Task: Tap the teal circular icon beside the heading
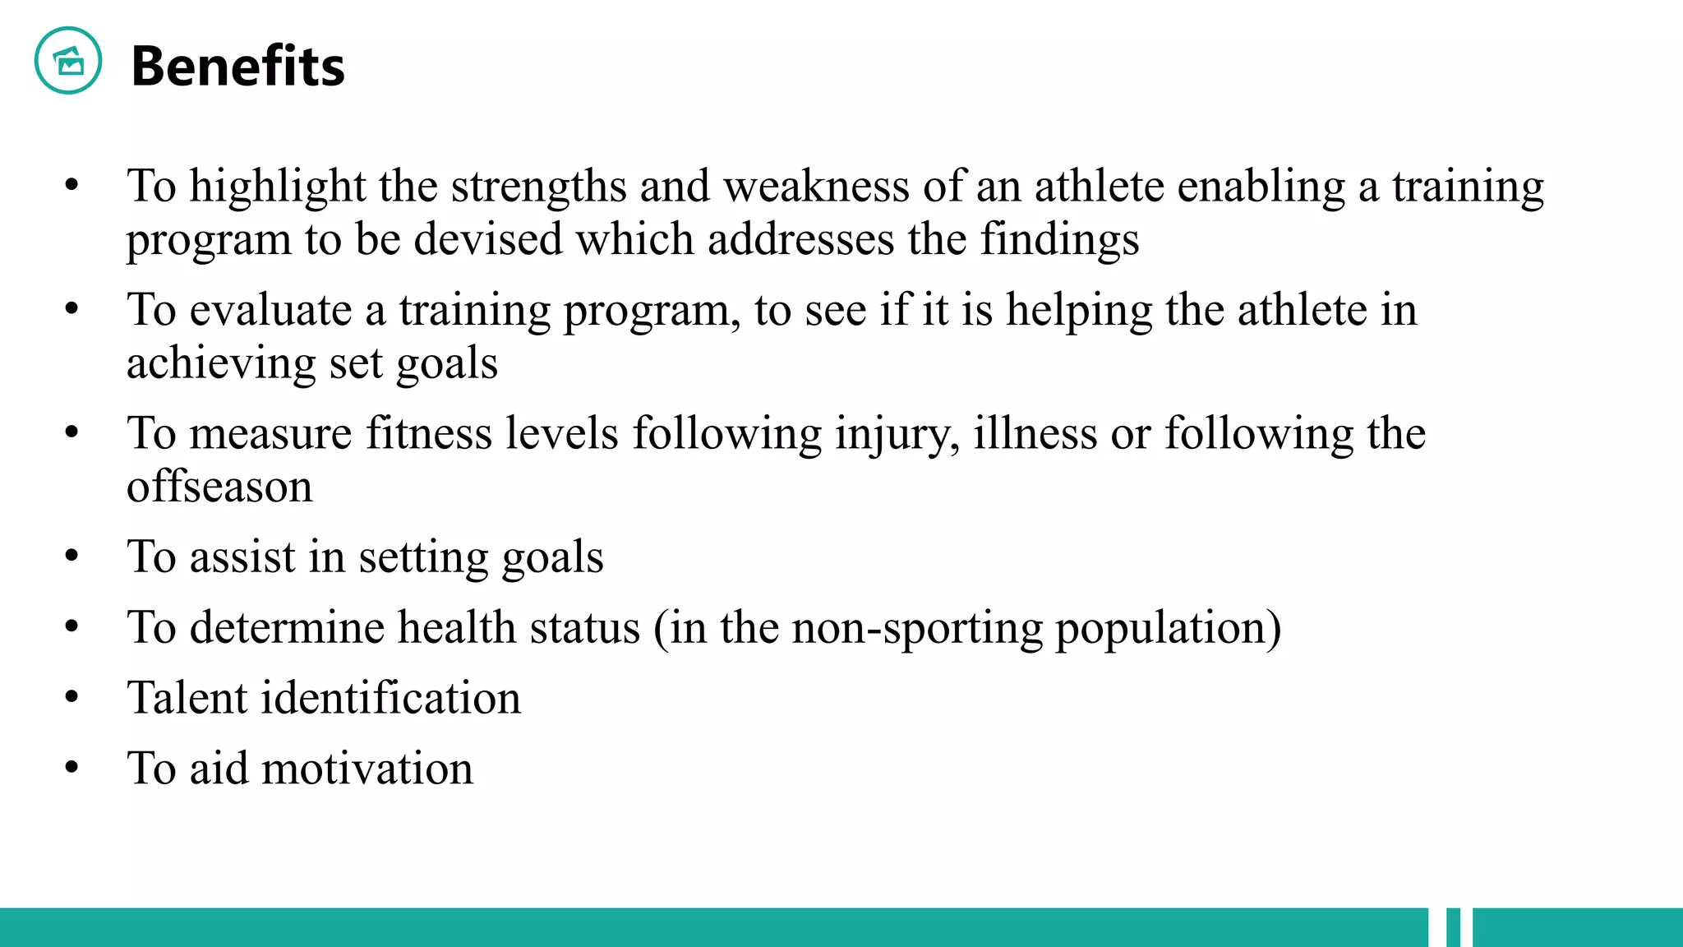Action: click(x=68, y=61)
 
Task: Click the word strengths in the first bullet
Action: click(x=539, y=187)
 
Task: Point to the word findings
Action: click(x=1059, y=241)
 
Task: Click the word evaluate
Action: click(x=270, y=311)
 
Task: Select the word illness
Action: click(x=1035, y=433)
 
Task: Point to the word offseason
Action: click(x=219, y=487)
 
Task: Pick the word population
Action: click(x=1168, y=629)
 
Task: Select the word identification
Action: click(x=391, y=698)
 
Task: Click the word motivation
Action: click(x=367, y=769)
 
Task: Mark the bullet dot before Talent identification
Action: click(x=72, y=698)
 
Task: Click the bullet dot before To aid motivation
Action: click(x=72, y=768)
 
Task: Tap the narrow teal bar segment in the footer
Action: click(x=1453, y=927)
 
